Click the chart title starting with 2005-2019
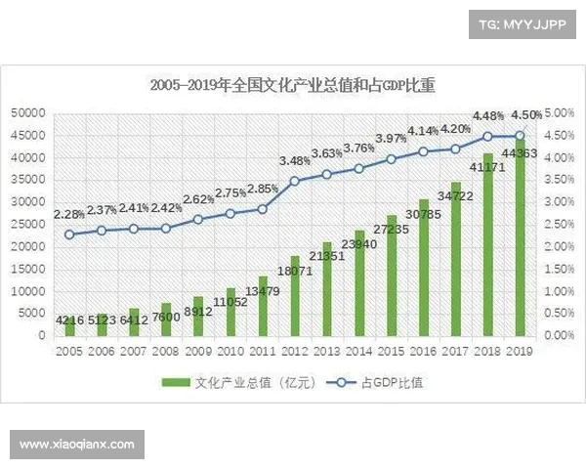click(x=292, y=85)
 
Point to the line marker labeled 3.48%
click(x=295, y=181)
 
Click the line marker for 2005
click(x=69, y=234)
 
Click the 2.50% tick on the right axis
click(x=557, y=224)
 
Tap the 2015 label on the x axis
click(x=391, y=350)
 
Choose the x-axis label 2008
click(x=166, y=350)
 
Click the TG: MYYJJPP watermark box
click(x=523, y=25)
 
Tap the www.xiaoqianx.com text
click(x=77, y=445)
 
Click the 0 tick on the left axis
click(x=41, y=335)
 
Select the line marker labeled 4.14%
click(x=423, y=151)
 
